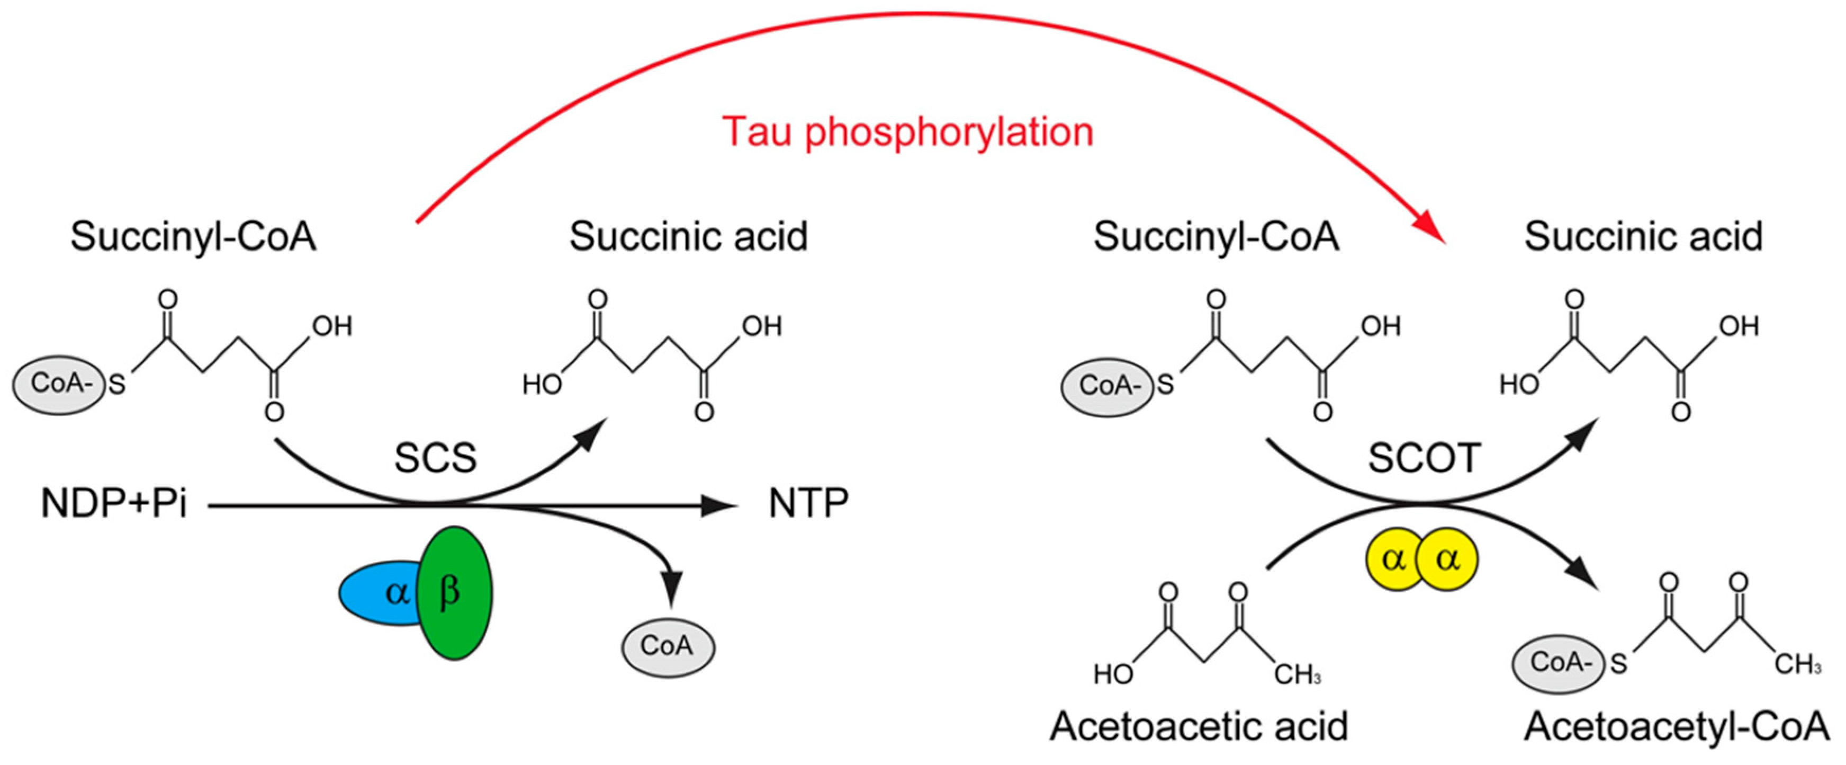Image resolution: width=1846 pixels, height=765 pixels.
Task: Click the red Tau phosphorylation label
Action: coord(908,132)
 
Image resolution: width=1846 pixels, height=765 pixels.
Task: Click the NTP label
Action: coord(808,503)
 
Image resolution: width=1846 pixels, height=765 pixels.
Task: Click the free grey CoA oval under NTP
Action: coord(667,647)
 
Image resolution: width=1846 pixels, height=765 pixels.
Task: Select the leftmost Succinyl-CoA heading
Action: coord(193,237)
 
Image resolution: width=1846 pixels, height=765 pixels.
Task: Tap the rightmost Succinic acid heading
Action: coord(1643,237)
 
